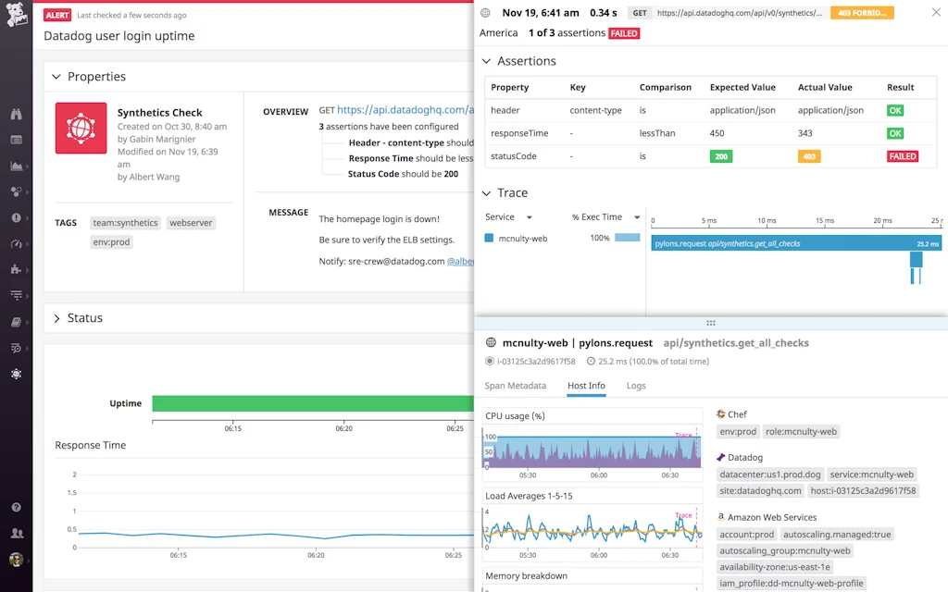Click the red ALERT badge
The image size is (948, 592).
(x=57, y=16)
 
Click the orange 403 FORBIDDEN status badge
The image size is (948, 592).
(x=862, y=13)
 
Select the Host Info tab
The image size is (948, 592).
(x=586, y=386)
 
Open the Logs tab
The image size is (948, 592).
(x=636, y=386)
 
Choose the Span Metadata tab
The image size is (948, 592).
(x=515, y=386)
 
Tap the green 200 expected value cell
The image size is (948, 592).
(x=722, y=156)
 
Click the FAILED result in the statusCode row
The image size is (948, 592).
(x=902, y=156)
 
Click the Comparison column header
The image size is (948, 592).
(x=665, y=87)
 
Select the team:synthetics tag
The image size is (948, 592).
(x=126, y=223)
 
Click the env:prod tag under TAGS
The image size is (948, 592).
(x=111, y=241)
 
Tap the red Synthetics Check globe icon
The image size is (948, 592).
(x=81, y=128)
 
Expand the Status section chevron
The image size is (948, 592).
(x=56, y=318)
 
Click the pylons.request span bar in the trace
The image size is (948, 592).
(x=796, y=243)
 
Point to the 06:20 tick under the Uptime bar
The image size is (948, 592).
(x=343, y=428)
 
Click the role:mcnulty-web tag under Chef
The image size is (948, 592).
(x=802, y=431)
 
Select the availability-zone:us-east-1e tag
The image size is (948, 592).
(x=775, y=567)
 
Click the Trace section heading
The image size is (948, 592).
(x=512, y=193)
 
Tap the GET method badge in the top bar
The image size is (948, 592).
(x=639, y=13)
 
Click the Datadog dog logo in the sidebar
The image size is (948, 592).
(x=16, y=16)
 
